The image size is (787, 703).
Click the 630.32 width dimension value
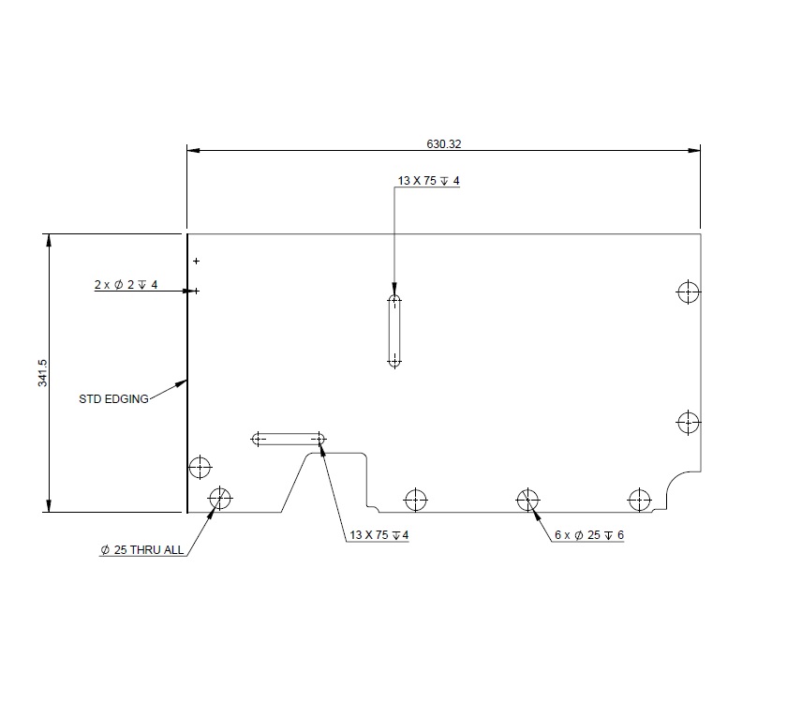[445, 144]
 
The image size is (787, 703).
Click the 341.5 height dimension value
[41, 373]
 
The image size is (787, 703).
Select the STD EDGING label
[113, 399]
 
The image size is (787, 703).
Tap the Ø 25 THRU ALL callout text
[141, 551]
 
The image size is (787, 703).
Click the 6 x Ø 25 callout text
[588, 534]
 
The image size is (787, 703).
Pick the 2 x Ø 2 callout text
[126, 284]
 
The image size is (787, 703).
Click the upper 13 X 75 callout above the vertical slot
[428, 181]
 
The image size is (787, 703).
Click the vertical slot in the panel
[394, 330]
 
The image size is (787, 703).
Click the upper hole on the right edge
[689, 292]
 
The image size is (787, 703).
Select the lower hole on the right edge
[689, 422]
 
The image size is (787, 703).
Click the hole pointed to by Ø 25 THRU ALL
[219, 498]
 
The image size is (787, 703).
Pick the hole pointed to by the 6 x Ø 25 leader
[527, 499]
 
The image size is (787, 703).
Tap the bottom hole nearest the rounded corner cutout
[640, 499]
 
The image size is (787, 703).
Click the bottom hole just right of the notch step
[415, 499]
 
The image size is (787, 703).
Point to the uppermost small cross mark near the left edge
[196, 261]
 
